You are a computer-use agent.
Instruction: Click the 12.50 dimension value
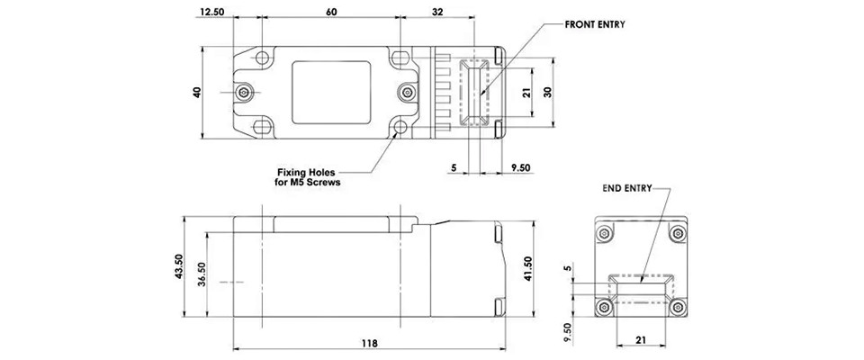212,12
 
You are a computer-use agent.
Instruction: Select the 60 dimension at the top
332,12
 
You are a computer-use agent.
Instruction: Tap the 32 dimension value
439,12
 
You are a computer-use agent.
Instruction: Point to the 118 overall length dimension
370,343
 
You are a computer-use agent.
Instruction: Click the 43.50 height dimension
178,266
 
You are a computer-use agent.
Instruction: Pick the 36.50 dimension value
202,274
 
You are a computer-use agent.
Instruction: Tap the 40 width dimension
197,93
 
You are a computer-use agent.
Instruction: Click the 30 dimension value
547,92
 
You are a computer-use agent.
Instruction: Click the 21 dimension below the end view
640,341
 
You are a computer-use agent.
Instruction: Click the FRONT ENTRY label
594,25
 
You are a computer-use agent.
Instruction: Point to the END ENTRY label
627,187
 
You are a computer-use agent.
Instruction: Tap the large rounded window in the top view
331,93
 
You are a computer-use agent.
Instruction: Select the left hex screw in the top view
244,93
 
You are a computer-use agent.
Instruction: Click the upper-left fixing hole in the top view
262,58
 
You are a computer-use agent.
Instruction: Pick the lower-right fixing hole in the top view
400,128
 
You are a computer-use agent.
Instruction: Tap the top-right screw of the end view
677,234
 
